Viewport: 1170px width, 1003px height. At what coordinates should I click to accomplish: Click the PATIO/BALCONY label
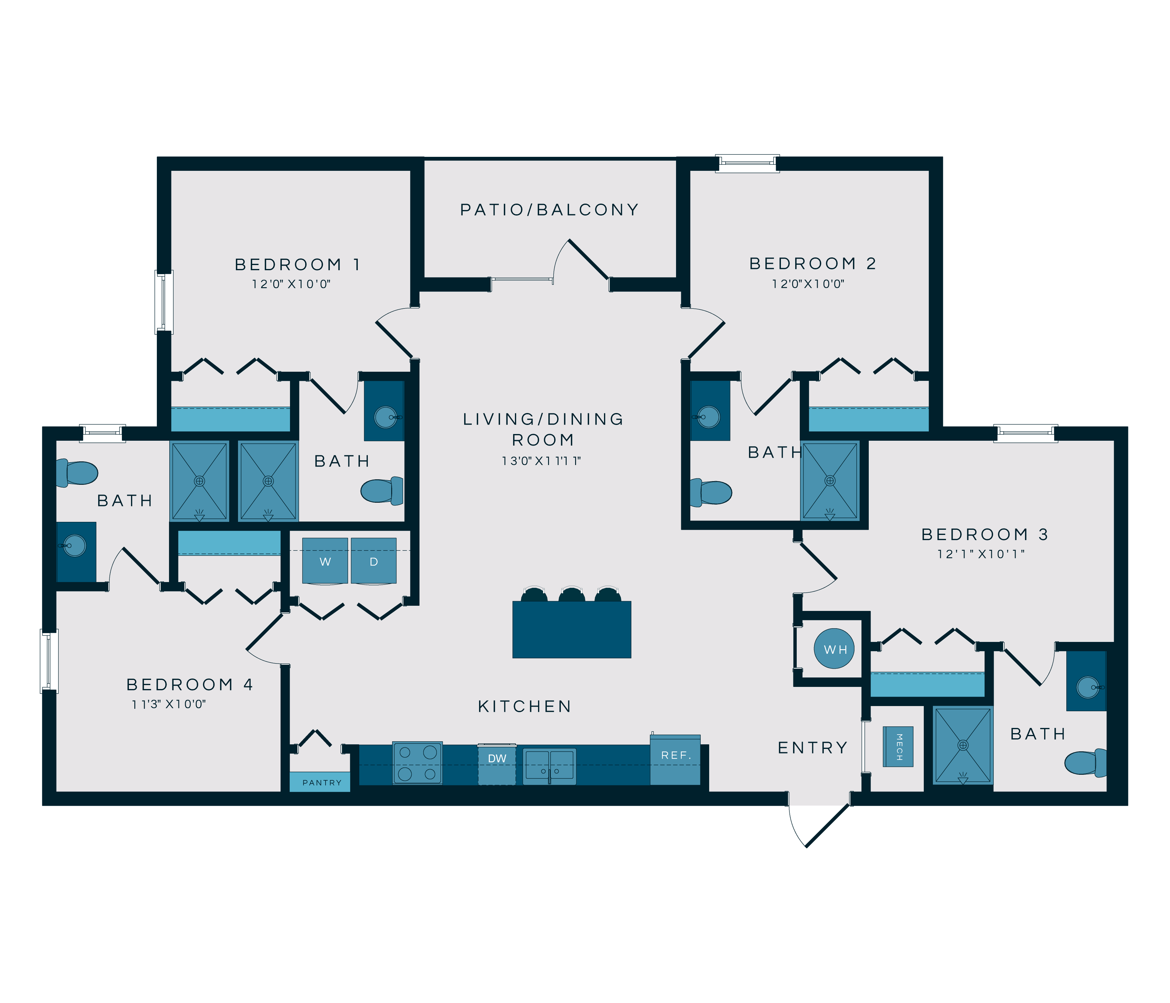tap(549, 210)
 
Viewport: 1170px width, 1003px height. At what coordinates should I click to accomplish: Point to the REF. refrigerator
tap(675, 760)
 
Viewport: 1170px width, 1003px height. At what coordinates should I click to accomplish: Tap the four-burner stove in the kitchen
tap(417, 763)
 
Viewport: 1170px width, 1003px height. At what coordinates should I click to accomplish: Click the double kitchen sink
tap(549, 766)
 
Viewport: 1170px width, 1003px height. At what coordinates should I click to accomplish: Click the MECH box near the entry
tap(898, 746)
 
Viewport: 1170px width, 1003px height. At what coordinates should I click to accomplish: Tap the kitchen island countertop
tap(571, 630)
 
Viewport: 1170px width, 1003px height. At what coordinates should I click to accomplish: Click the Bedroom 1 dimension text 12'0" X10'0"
tap(291, 284)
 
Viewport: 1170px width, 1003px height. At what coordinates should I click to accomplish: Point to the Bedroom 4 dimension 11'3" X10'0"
tap(169, 704)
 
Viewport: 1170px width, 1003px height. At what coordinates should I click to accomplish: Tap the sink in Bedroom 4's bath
tap(75, 546)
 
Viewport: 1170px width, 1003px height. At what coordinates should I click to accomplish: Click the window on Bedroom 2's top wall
tap(747, 164)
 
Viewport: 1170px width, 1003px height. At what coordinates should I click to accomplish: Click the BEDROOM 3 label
tap(985, 534)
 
